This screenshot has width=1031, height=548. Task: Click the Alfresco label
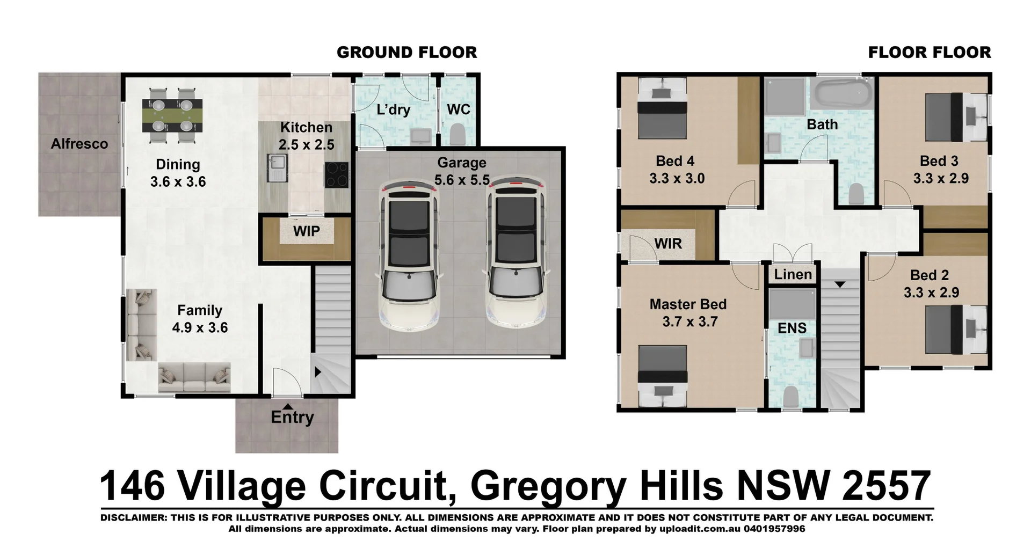click(x=79, y=144)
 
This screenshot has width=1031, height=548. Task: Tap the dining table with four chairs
click(x=172, y=115)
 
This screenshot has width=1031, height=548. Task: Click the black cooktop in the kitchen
click(x=336, y=175)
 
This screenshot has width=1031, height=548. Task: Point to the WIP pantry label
click(x=306, y=231)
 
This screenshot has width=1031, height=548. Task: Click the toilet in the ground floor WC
click(x=457, y=134)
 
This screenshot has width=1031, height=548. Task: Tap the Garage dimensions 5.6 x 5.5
click(x=462, y=180)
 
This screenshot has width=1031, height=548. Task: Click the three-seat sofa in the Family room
click(x=194, y=377)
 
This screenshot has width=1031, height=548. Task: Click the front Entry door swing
click(x=286, y=382)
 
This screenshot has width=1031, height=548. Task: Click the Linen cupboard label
click(x=793, y=275)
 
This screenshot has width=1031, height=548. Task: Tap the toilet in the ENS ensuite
click(x=790, y=397)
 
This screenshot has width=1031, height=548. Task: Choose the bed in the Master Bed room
click(x=663, y=376)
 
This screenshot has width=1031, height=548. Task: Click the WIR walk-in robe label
click(x=668, y=244)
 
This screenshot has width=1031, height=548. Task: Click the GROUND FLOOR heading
click(x=406, y=53)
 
